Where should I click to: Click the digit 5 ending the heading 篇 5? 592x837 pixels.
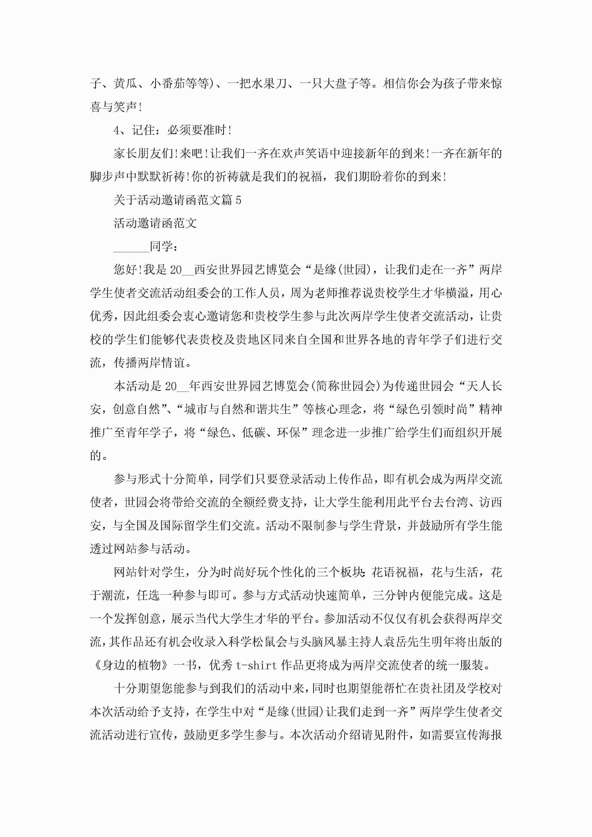pyautogui.click(x=238, y=200)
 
